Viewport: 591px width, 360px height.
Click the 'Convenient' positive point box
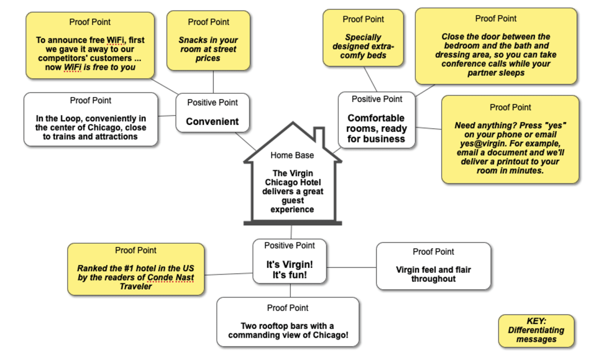tap(212, 113)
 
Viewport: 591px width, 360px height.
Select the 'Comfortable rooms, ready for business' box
tap(377, 120)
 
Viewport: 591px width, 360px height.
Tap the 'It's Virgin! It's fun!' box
tap(289, 261)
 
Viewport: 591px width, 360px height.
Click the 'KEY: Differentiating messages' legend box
tap(536, 331)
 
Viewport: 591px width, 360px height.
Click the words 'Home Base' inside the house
tap(292, 155)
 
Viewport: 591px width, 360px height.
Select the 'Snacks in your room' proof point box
tap(208, 41)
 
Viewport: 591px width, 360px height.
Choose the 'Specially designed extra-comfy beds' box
tap(363, 38)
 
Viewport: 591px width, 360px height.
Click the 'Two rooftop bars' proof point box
tap(288, 322)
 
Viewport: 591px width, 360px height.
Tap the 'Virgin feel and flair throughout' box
tap(433, 266)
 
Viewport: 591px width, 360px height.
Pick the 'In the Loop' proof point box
tap(90, 119)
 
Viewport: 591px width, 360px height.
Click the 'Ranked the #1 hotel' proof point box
tap(136, 269)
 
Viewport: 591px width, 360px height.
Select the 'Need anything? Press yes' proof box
tap(510, 139)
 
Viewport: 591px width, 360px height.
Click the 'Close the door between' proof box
tap(496, 46)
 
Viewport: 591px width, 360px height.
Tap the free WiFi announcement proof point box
tap(90, 46)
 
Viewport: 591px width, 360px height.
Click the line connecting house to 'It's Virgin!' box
tap(291, 232)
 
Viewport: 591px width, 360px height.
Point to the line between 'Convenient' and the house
tap(246, 141)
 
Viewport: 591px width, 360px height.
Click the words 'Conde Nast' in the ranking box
tap(171, 277)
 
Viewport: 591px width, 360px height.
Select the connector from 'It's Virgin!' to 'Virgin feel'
tap(351, 267)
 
